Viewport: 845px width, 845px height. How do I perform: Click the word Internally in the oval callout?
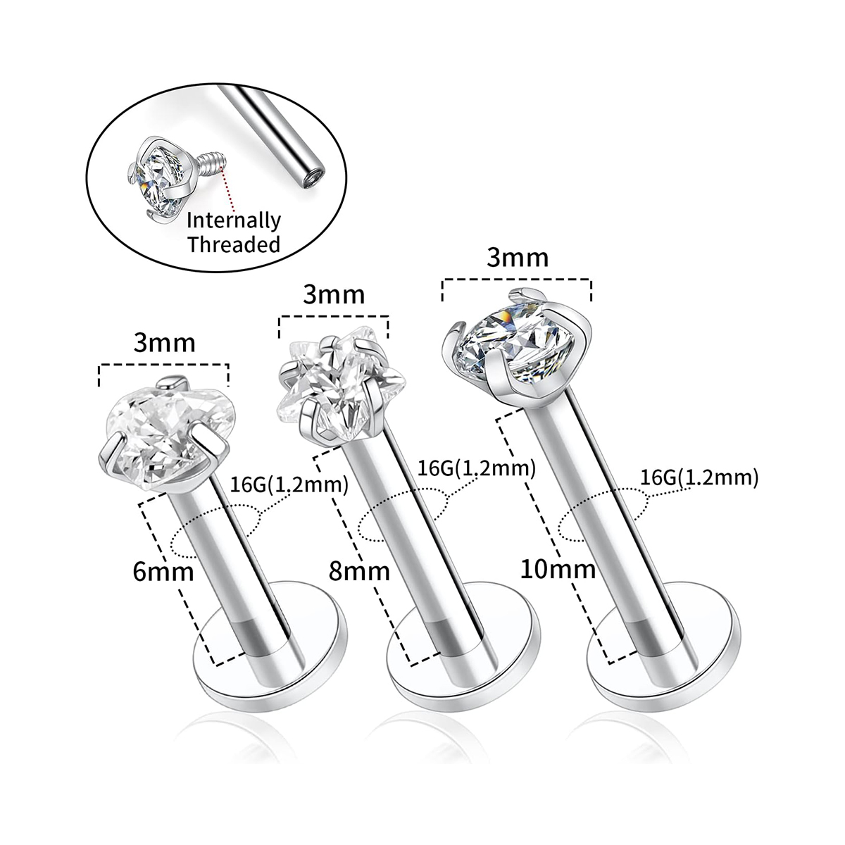[x=234, y=221]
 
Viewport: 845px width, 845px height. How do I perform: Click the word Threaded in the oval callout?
[x=234, y=244]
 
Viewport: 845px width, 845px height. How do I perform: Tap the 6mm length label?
[x=163, y=572]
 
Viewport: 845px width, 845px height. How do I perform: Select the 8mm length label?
[x=359, y=572]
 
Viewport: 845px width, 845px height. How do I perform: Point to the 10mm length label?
[x=558, y=570]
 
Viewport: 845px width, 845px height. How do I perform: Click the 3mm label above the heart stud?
[x=165, y=343]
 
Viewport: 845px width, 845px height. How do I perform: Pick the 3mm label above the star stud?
[x=334, y=296]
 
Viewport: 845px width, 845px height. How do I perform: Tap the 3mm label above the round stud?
[x=518, y=258]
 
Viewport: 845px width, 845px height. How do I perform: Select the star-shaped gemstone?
[x=339, y=389]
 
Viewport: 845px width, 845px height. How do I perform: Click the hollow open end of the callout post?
[x=314, y=175]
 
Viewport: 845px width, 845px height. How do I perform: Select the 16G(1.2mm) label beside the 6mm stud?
[x=289, y=485]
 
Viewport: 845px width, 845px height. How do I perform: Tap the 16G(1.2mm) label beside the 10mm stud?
[x=700, y=477]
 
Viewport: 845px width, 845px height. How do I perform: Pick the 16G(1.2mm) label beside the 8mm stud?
[x=477, y=468]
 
